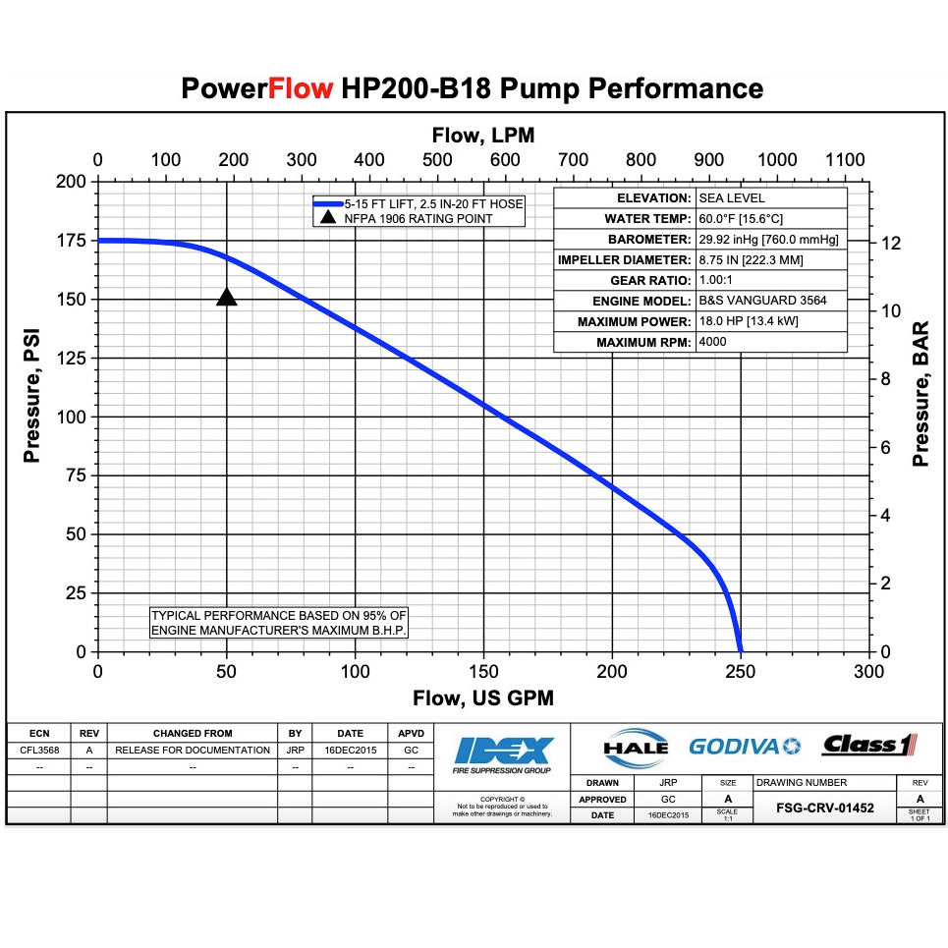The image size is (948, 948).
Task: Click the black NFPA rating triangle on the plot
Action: click(227, 298)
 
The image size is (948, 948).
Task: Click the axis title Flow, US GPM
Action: click(482, 698)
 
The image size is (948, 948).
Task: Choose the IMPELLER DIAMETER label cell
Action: click(624, 260)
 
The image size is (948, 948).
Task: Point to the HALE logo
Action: click(636, 747)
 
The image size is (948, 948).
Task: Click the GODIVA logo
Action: click(745, 746)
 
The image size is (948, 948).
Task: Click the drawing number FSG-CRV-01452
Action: click(825, 809)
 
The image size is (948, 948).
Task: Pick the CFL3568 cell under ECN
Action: click(38, 750)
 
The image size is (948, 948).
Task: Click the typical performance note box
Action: click(279, 622)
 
